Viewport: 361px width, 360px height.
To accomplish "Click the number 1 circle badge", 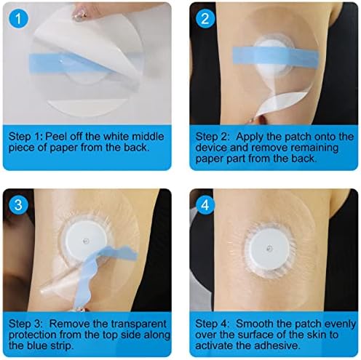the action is (19, 19).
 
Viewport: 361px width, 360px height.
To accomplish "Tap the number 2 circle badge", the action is (205, 19).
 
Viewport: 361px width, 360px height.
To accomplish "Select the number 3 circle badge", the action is (19, 205).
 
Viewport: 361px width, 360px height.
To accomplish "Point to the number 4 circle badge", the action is (205, 205).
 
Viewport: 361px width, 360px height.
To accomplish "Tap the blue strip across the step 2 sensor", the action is (276, 57).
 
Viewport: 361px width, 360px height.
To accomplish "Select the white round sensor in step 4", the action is (269, 249).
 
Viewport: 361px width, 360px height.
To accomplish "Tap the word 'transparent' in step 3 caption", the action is (139, 324).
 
